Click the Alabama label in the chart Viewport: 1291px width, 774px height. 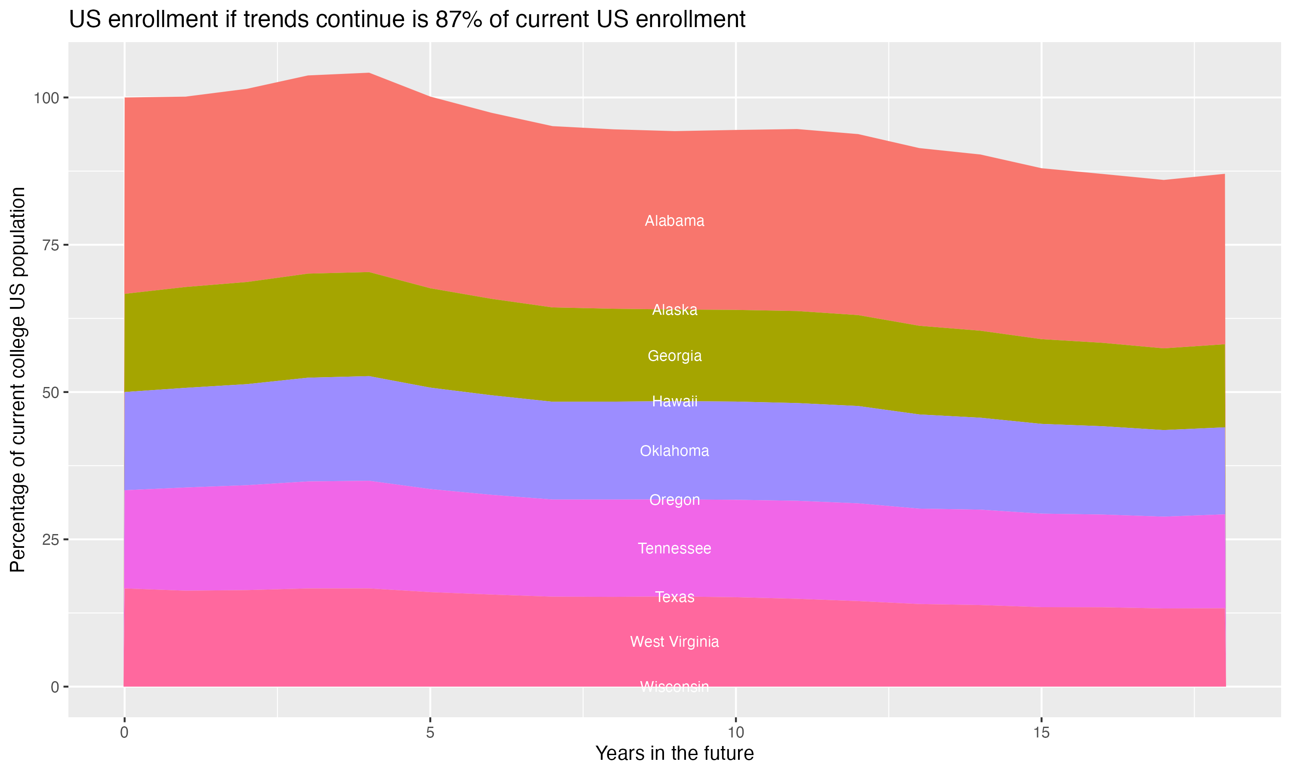674,221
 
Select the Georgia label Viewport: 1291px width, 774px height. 674,356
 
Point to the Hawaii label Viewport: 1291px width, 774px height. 674,402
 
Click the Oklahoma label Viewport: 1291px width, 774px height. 674,451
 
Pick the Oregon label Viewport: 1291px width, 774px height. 674,500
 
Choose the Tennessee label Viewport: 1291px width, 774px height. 674,549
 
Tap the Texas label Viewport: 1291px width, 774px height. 674,597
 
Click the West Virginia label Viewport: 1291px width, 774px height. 674,642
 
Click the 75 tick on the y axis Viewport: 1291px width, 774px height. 51,245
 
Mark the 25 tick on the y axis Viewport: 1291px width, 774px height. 51,540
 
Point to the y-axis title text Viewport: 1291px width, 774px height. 18,380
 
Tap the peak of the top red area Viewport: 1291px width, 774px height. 369,74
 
